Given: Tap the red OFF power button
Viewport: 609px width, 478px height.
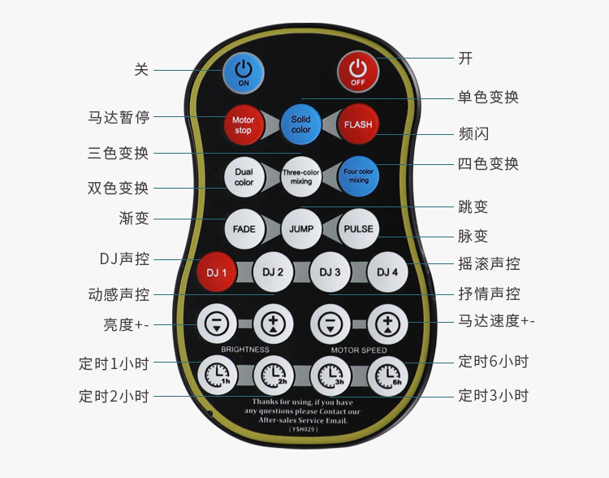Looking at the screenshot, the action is point(358,73).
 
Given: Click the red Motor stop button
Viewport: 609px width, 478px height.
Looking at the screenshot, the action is point(244,125).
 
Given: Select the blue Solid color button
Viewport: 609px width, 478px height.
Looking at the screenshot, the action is point(300,124).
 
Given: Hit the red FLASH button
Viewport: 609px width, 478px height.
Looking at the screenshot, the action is point(358,124).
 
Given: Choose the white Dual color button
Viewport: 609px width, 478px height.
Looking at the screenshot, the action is point(244,177).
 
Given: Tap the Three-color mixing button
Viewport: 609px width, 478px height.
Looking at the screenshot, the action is point(300,177).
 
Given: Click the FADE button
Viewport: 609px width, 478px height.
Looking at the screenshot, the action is point(244,229).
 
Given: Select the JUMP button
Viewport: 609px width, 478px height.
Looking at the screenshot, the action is point(300,229).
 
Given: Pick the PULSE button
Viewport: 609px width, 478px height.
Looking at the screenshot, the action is point(358,229).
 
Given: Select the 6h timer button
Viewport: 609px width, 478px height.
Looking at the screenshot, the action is point(387,376).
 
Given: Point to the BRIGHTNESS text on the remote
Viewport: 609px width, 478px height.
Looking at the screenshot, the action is point(244,350).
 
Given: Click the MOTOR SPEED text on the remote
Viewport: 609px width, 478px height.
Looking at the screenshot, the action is point(358,350).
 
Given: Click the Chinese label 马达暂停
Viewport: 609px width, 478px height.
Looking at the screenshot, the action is point(119,117).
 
